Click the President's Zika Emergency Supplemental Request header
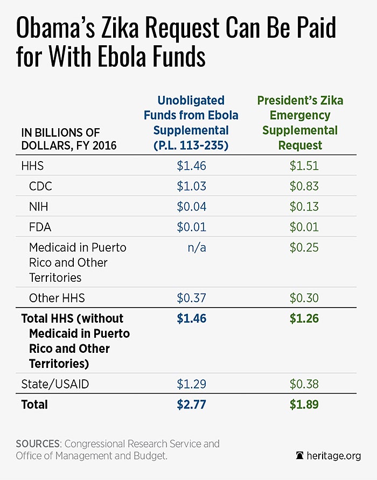click(x=300, y=123)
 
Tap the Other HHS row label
click(x=57, y=298)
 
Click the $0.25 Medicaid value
click(x=304, y=248)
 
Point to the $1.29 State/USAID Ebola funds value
click(x=192, y=384)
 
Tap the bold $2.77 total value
click(x=192, y=405)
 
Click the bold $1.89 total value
click(x=304, y=405)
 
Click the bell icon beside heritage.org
click(x=299, y=455)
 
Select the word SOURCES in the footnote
click(x=38, y=444)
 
